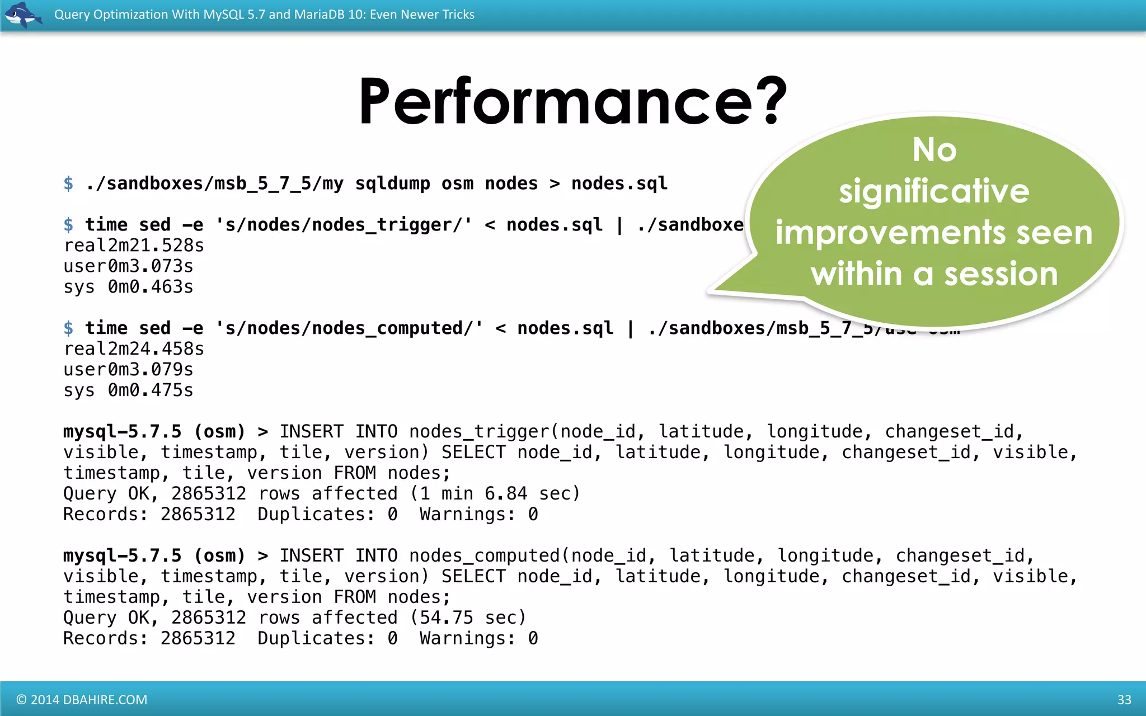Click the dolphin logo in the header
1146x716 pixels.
point(22,15)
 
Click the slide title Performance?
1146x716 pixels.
point(572,102)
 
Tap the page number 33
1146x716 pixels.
point(1124,700)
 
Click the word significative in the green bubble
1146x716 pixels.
point(934,191)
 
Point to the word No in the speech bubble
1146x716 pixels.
point(934,150)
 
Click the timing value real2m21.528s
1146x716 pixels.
point(134,246)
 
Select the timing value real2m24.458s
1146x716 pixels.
point(134,349)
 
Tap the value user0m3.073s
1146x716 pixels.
point(128,266)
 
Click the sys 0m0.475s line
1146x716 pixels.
point(128,390)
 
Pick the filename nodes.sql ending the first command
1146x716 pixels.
point(619,183)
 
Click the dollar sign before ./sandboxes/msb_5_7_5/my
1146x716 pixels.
point(68,183)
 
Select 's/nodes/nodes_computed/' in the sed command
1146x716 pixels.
point(349,328)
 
